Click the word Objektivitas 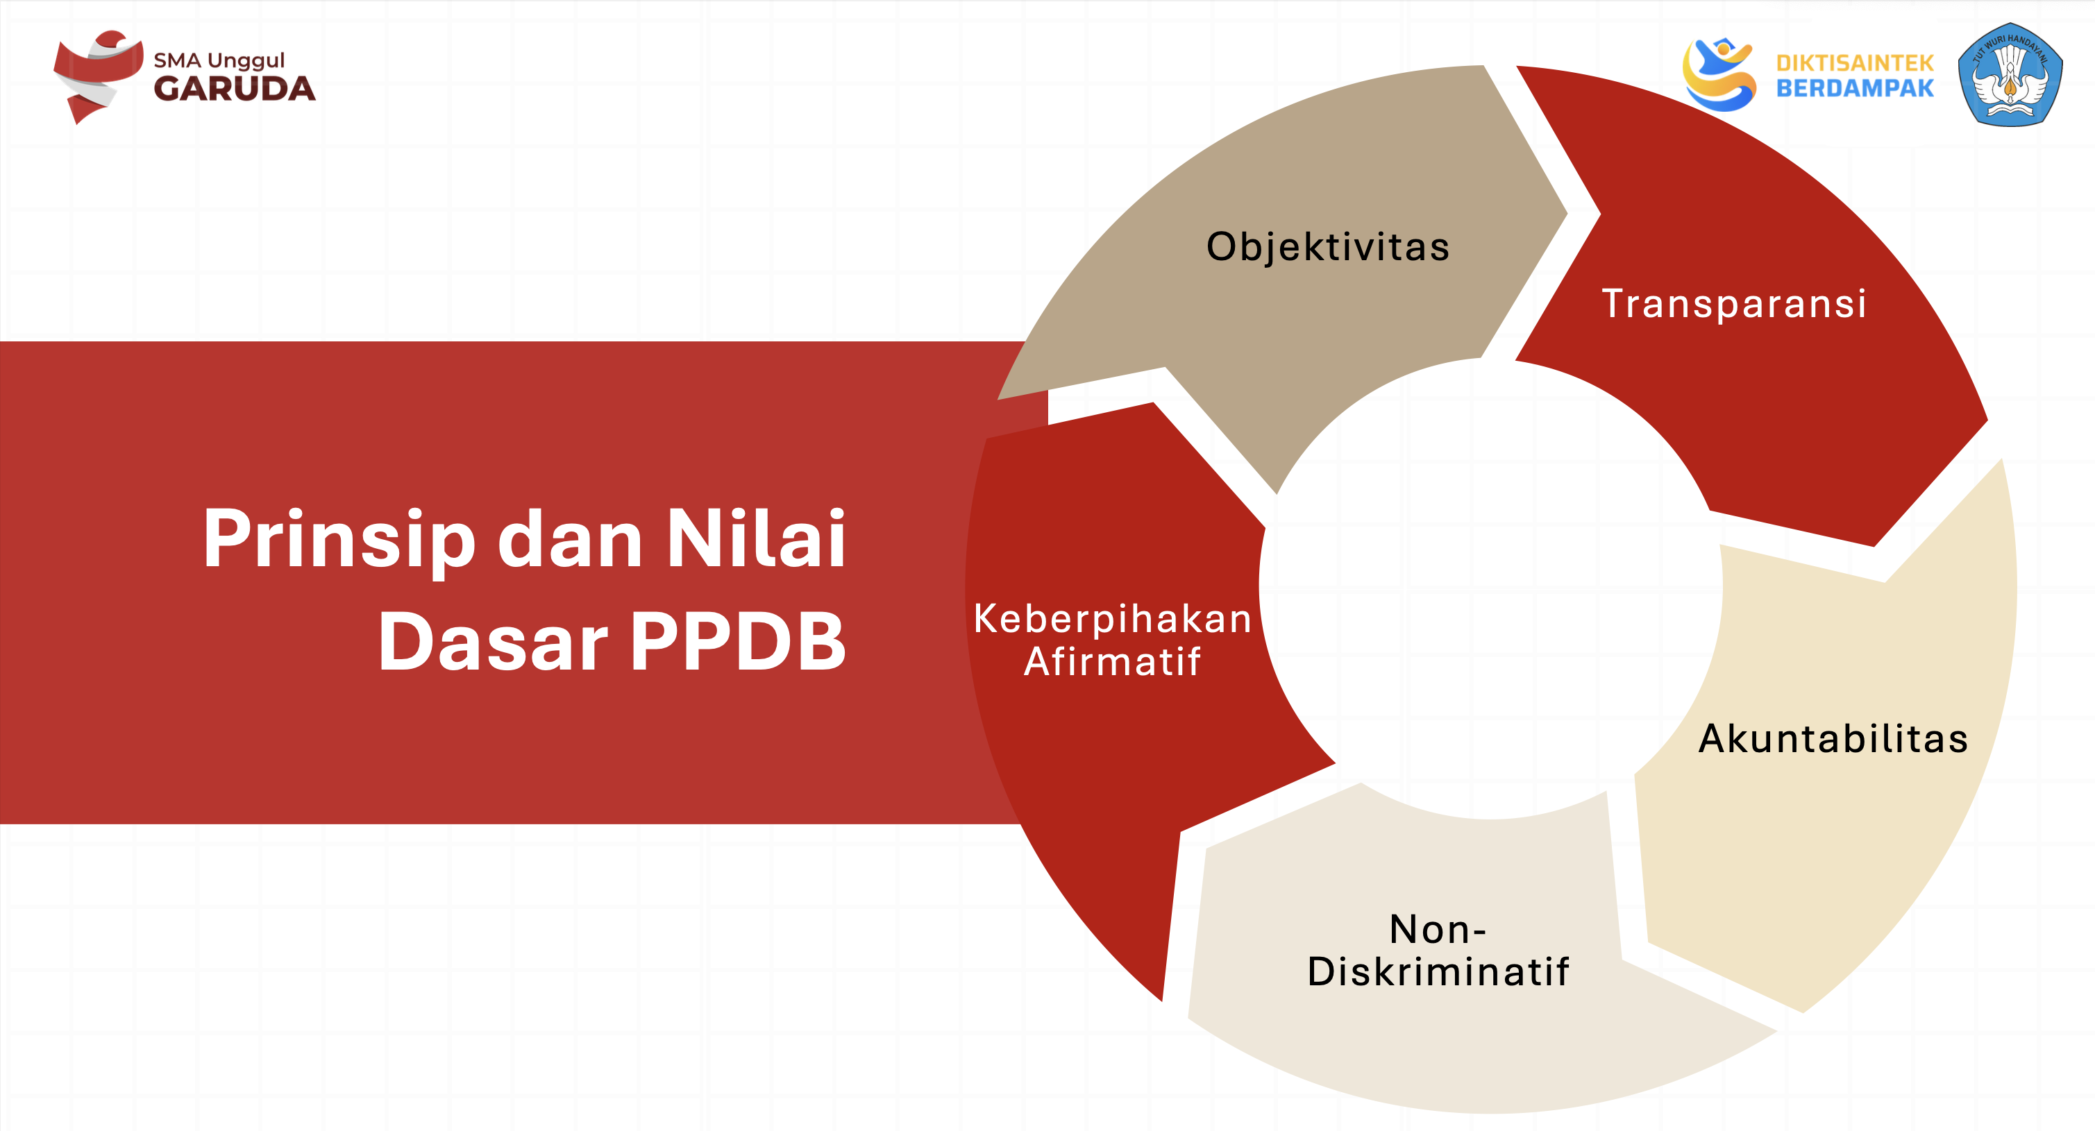[x=1327, y=246]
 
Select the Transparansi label [x=1733, y=303]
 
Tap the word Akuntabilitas [x=1833, y=738]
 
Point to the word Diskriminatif [x=1438, y=971]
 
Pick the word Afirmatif [x=1112, y=661]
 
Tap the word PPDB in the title [x=738, y=642]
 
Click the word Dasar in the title [x=493, y=642]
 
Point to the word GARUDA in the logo [x=234, y=90]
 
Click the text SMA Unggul [x=219, y=60]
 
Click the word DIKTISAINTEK [x=1854, y=62]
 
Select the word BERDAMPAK [x=1854, y=89]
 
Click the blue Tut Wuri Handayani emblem [x=2010, y=75]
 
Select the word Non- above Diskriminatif [x=1438, y=928]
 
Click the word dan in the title [x=569, y=540]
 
